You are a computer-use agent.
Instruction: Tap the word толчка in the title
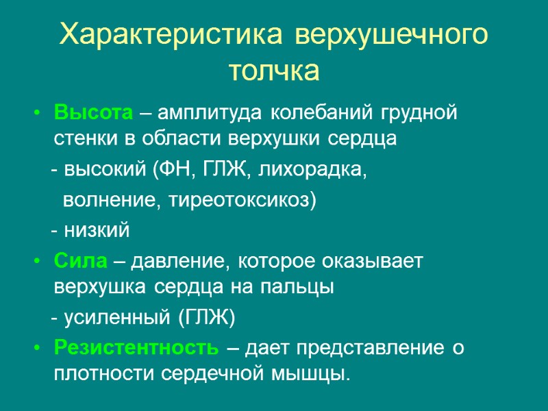click(273, 70)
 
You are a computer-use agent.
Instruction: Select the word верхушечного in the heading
click(392, 34)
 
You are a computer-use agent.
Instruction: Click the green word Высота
click(86, 112)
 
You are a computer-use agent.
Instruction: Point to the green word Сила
click(80, 261)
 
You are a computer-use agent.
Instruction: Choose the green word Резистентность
click(136, 348)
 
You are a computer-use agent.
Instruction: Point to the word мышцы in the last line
click(316, 375)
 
